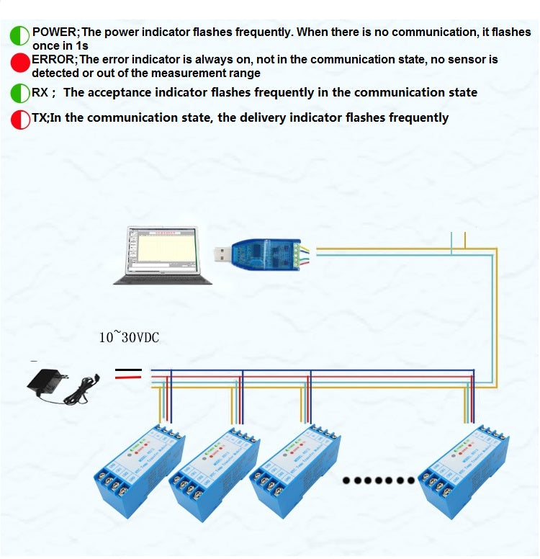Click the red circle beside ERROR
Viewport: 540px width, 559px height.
20,63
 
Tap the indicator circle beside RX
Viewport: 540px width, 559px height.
20,93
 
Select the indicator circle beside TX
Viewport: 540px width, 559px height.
20,118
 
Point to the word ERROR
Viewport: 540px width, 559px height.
53,59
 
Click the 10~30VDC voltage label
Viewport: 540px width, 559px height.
129,337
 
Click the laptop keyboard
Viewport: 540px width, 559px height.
163,279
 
